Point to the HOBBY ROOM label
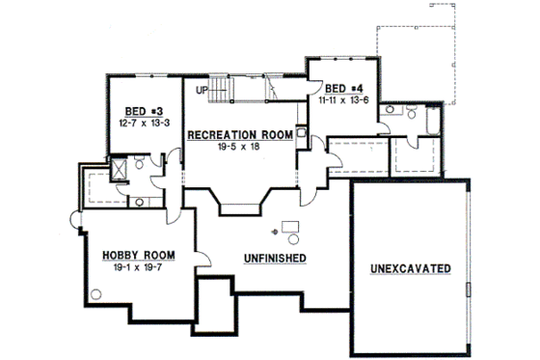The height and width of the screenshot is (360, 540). pos(137,255)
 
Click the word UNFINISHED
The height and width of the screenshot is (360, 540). pos(275,259)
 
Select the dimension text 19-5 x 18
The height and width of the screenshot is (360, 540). pos(239,149)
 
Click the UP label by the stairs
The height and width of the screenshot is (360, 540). pos(201,91)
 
